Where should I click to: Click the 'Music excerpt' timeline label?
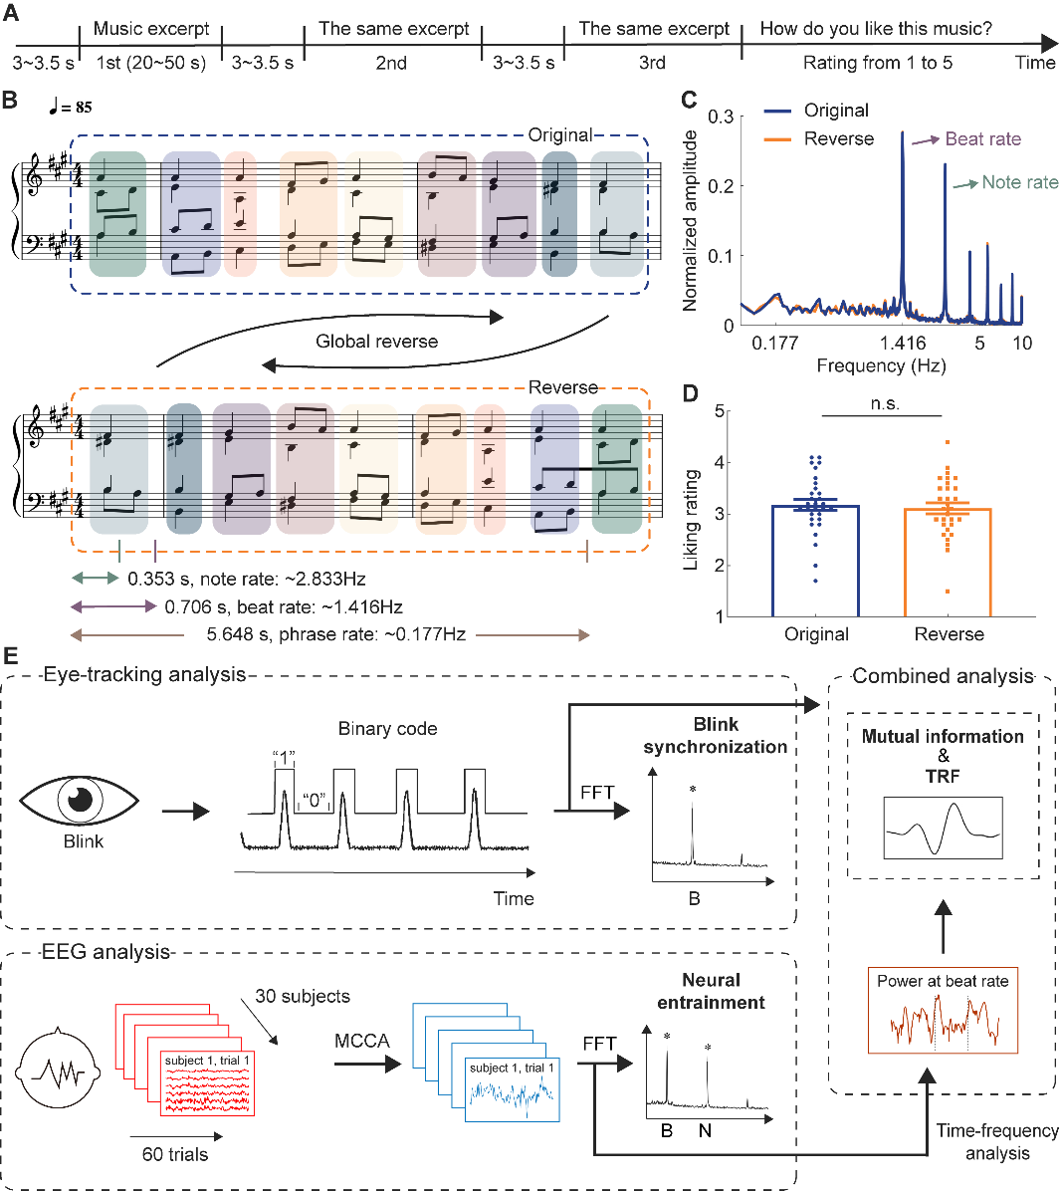pos(151,29)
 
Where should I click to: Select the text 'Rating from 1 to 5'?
pos(877,63)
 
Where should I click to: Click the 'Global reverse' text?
pos(376,342)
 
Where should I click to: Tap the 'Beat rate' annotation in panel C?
pos(982,139)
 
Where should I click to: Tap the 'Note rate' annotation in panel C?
pos(1019,182)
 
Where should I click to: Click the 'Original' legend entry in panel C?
pos(836,111)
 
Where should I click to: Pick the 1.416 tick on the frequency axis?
pos(903,344)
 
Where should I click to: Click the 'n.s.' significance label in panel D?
pos(884,403)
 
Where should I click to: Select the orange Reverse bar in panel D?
pos(949,562)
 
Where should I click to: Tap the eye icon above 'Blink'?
pos(80,799)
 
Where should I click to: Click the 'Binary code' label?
pos(387,728)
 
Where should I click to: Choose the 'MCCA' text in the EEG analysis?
pos(362,1042)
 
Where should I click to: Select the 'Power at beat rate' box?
pos(942,1010)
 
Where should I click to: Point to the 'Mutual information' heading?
pos(942,737)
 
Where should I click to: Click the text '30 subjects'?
pos(303,997)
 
